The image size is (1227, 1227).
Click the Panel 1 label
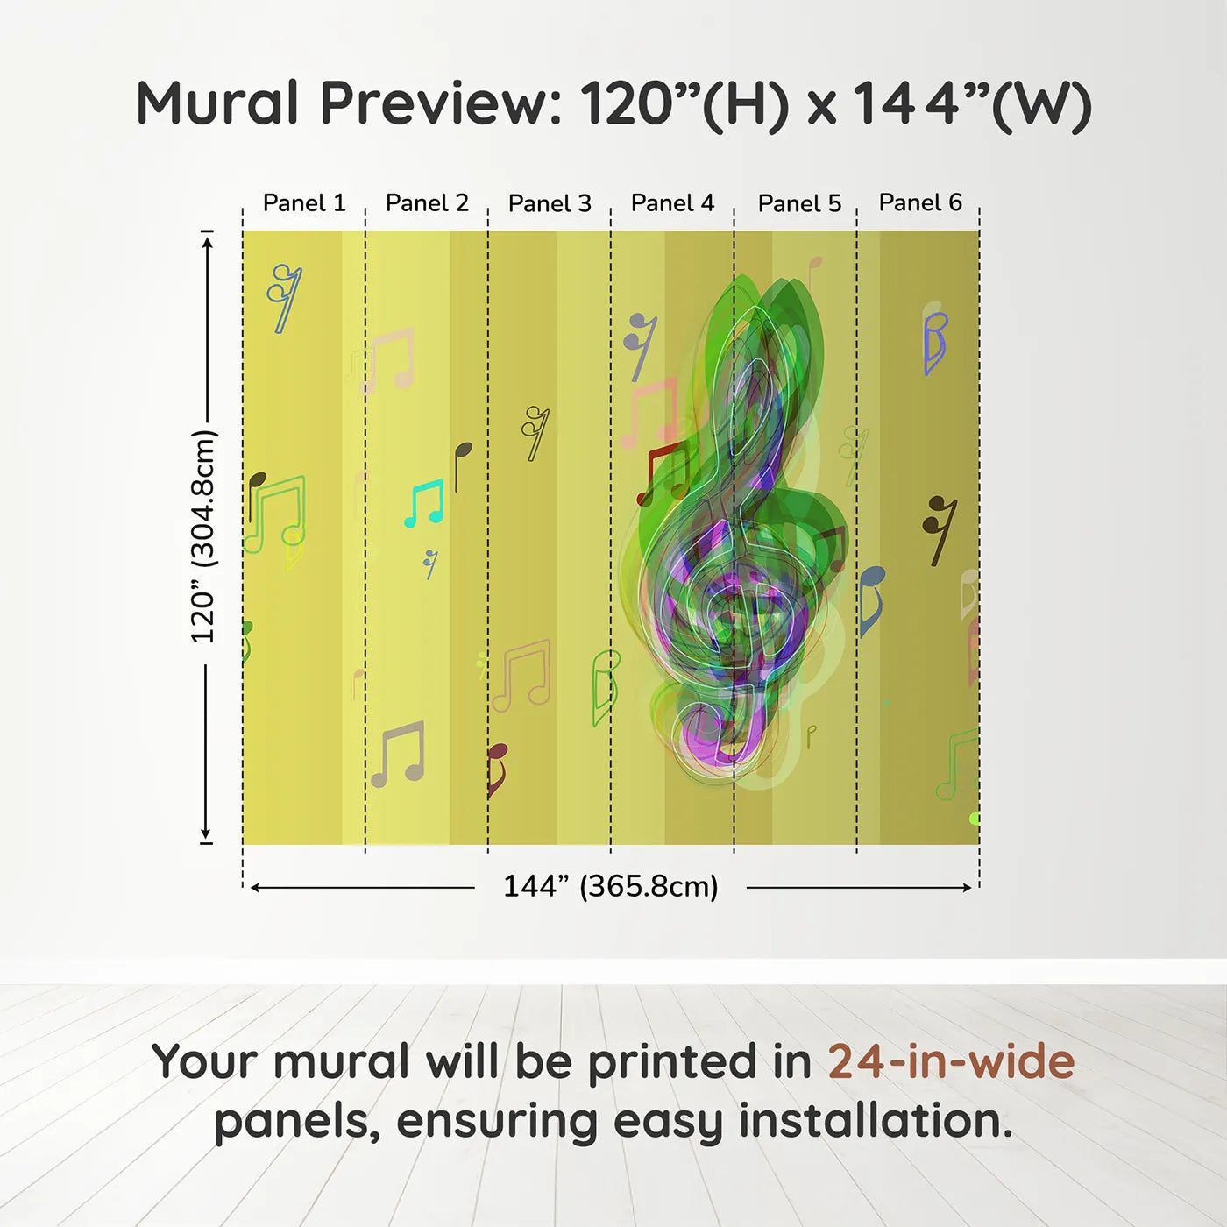click(304, 203)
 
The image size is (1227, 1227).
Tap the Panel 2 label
click(427, 203)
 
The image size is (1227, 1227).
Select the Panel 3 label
click(550, 203)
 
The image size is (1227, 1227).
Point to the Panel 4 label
click(673, 203)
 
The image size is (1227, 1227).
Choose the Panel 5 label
click(800, 203)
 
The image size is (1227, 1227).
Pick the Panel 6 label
click(921, 202)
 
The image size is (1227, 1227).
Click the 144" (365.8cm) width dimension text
click(611, 886)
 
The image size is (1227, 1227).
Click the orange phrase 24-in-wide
click(951, 1060)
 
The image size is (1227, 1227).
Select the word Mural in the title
click(217, 103)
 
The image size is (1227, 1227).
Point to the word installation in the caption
click(876, 1120)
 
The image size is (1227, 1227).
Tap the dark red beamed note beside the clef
click(663, 474)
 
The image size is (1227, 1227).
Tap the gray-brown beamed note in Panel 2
click(398, 754)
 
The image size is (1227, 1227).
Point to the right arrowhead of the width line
click(968, 888)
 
